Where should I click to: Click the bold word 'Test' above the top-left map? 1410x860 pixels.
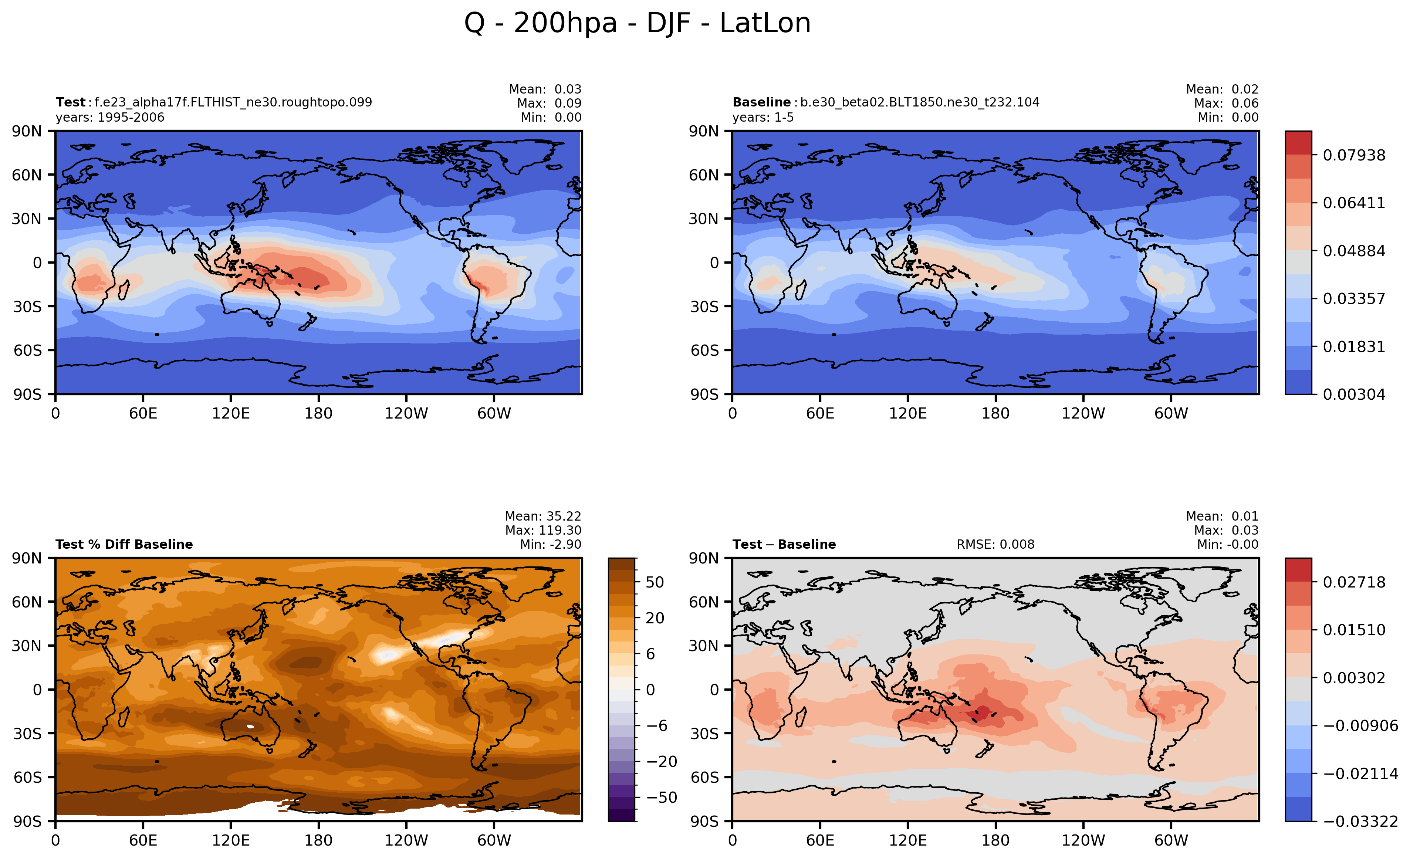70,102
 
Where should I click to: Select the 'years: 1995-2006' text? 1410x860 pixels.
110,117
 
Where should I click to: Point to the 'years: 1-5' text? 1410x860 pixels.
763,117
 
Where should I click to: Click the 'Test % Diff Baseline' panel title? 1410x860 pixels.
124,544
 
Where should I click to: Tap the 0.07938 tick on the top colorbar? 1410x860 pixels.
1354,155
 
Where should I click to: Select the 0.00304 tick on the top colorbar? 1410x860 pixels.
1354,394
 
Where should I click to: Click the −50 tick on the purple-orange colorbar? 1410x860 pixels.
662,797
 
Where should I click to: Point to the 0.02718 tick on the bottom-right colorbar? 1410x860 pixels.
1354,582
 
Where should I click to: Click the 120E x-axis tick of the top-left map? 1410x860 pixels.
231,413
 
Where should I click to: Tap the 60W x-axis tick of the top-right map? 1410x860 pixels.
1171,413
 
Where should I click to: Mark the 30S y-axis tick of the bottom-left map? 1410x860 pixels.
27,734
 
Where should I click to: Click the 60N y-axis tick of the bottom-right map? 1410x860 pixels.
704,602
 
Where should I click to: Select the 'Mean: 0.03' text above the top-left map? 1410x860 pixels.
545,89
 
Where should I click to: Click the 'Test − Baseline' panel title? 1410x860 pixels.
784,544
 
